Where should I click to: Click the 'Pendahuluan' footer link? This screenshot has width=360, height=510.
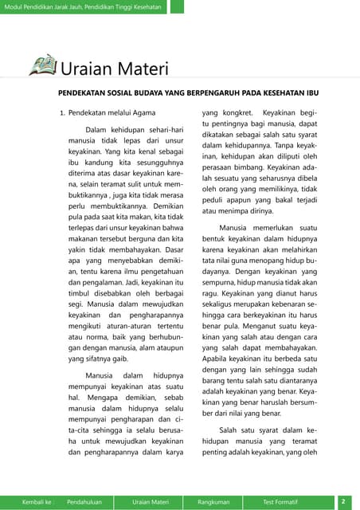[x=88, y=502]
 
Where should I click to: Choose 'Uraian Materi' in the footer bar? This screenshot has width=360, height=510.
[x=151, y=502]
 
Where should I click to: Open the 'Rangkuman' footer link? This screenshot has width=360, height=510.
[x=213, y=502]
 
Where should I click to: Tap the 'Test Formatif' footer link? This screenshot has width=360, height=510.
[x=280, y=502]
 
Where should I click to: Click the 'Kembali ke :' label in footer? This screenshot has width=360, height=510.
[x=37, y=502]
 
